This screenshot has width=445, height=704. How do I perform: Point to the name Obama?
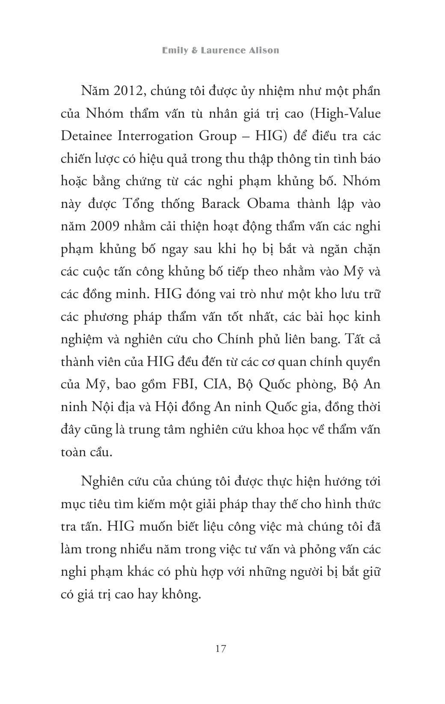click(x=269, y=204)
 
